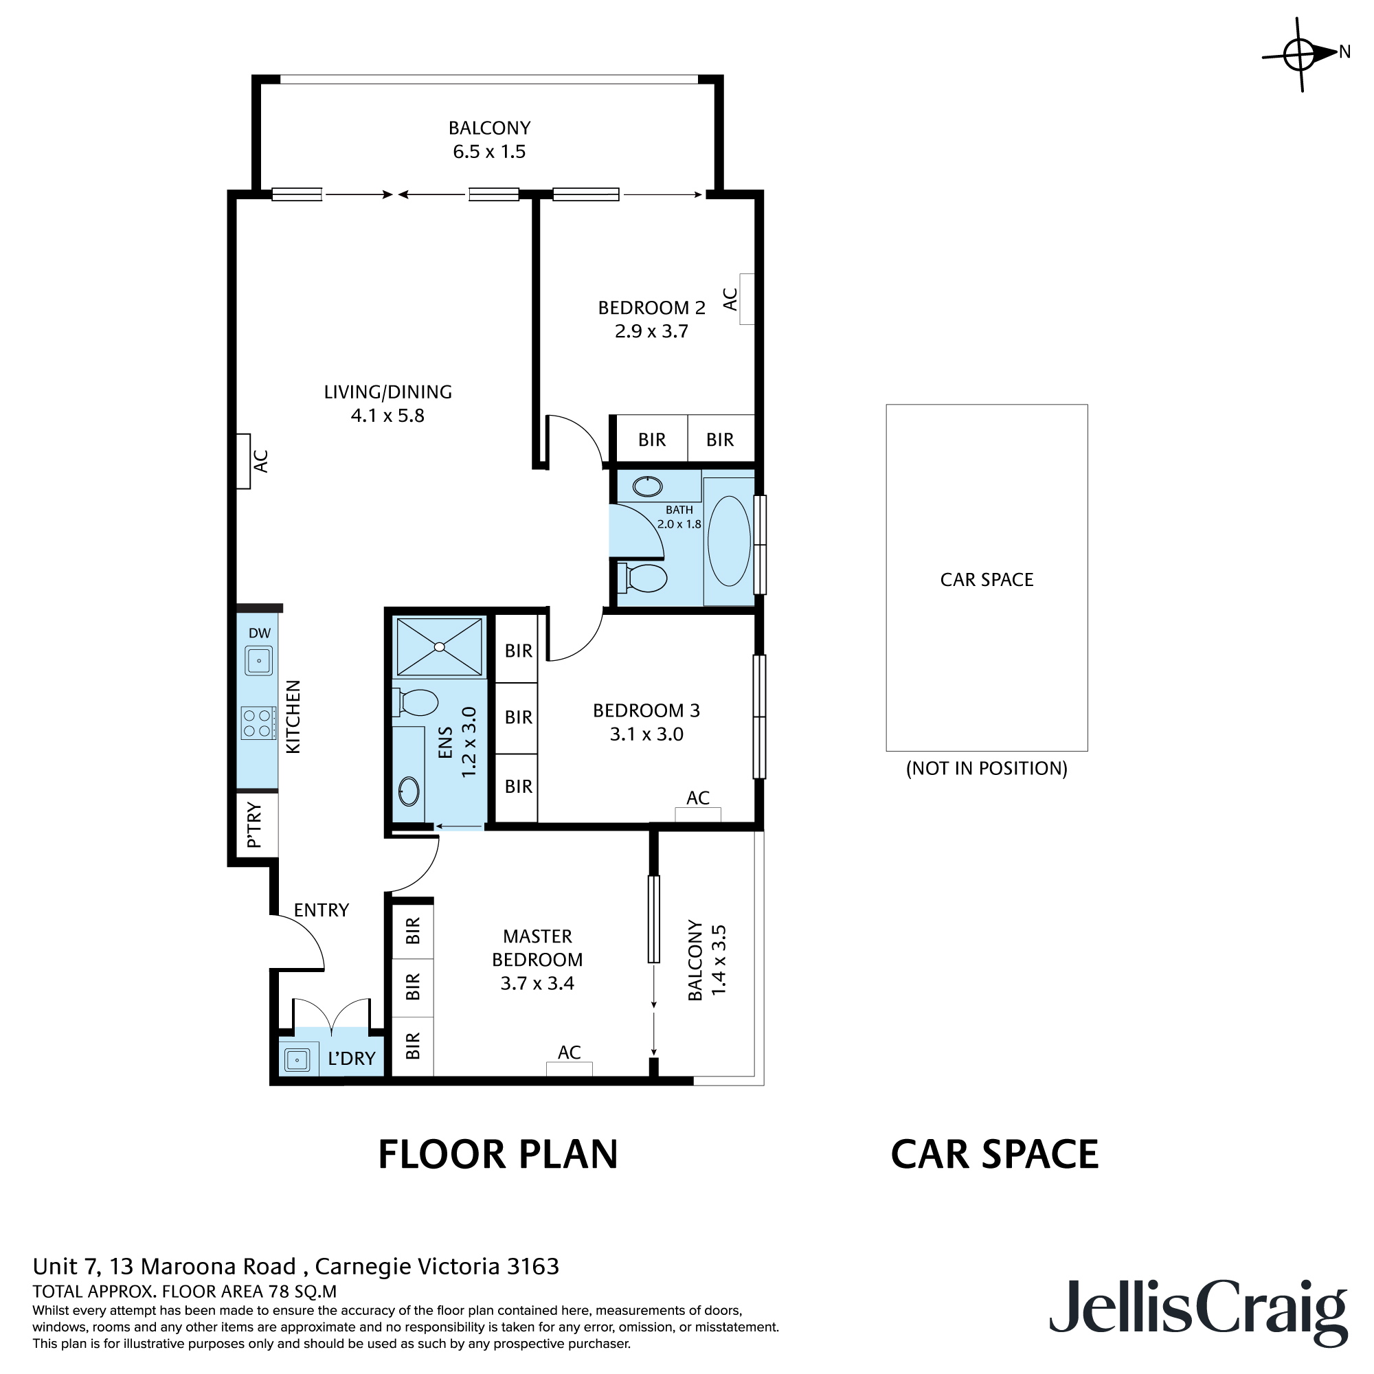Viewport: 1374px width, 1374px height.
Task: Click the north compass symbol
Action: click(x=1300, y=55)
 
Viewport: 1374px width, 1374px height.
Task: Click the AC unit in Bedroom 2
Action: click(x=747, y=300)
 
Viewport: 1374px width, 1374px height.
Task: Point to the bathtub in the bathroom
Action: click(x=729, y=541)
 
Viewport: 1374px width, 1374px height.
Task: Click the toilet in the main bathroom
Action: click(x=642, y=578)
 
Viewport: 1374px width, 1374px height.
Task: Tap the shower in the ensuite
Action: click(x=440, y=646)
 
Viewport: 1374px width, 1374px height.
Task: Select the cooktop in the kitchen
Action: click(x=258, y=723)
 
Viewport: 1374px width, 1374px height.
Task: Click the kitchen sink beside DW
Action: click(x=259, y=661)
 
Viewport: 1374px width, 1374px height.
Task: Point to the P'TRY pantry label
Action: click(x=254, y=826)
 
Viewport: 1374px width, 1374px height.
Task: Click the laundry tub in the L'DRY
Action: click(x=297, y=1059)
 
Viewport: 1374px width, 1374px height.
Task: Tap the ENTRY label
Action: click(x=322, y=910)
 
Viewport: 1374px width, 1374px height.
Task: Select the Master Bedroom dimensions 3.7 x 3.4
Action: click(x=537, y=984)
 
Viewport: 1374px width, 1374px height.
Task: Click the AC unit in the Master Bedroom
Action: click(x=569, y=1068)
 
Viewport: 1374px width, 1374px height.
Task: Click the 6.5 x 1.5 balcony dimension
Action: click(x=489, y=151)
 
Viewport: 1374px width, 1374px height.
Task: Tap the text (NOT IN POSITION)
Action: click(x=987, y=769)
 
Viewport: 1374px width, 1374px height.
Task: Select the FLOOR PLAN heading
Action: click(x=498, y=1154)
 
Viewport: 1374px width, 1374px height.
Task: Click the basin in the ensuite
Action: click(x=409, y=791)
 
